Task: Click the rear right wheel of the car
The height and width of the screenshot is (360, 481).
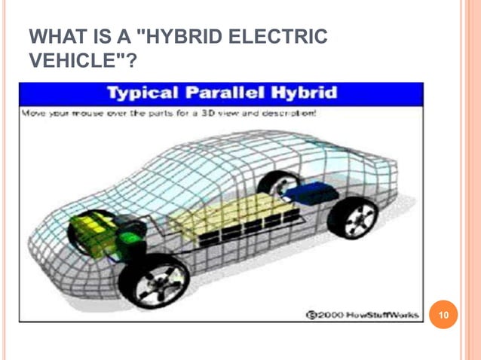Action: (353, 218)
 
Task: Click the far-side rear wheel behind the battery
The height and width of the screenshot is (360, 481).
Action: (280, 183)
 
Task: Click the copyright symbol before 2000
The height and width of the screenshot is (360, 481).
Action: (310, 314)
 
